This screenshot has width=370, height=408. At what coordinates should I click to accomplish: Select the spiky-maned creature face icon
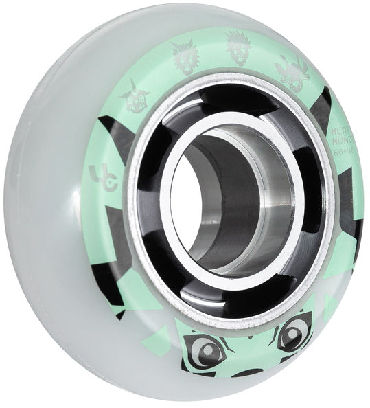pyautogui.click(x=240, y=49)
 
